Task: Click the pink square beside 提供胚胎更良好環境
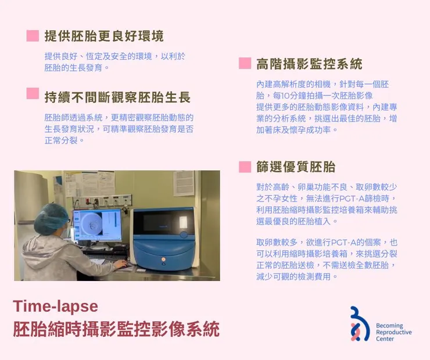click(x=33, y=36)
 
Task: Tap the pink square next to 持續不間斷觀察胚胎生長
click(x=33, y=93)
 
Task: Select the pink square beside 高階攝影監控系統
click(x=245, y=63)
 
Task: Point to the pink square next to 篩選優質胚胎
click(x=245, y=167)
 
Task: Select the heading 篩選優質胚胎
click(x=296, y=167)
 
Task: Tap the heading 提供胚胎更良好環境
click(x=104, y=36)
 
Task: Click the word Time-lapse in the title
click(x=55, y=306)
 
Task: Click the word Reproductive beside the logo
click(x=393, y=332)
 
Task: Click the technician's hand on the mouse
click(x=120, y=264)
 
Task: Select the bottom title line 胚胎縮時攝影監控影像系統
click(x=116, y=329)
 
